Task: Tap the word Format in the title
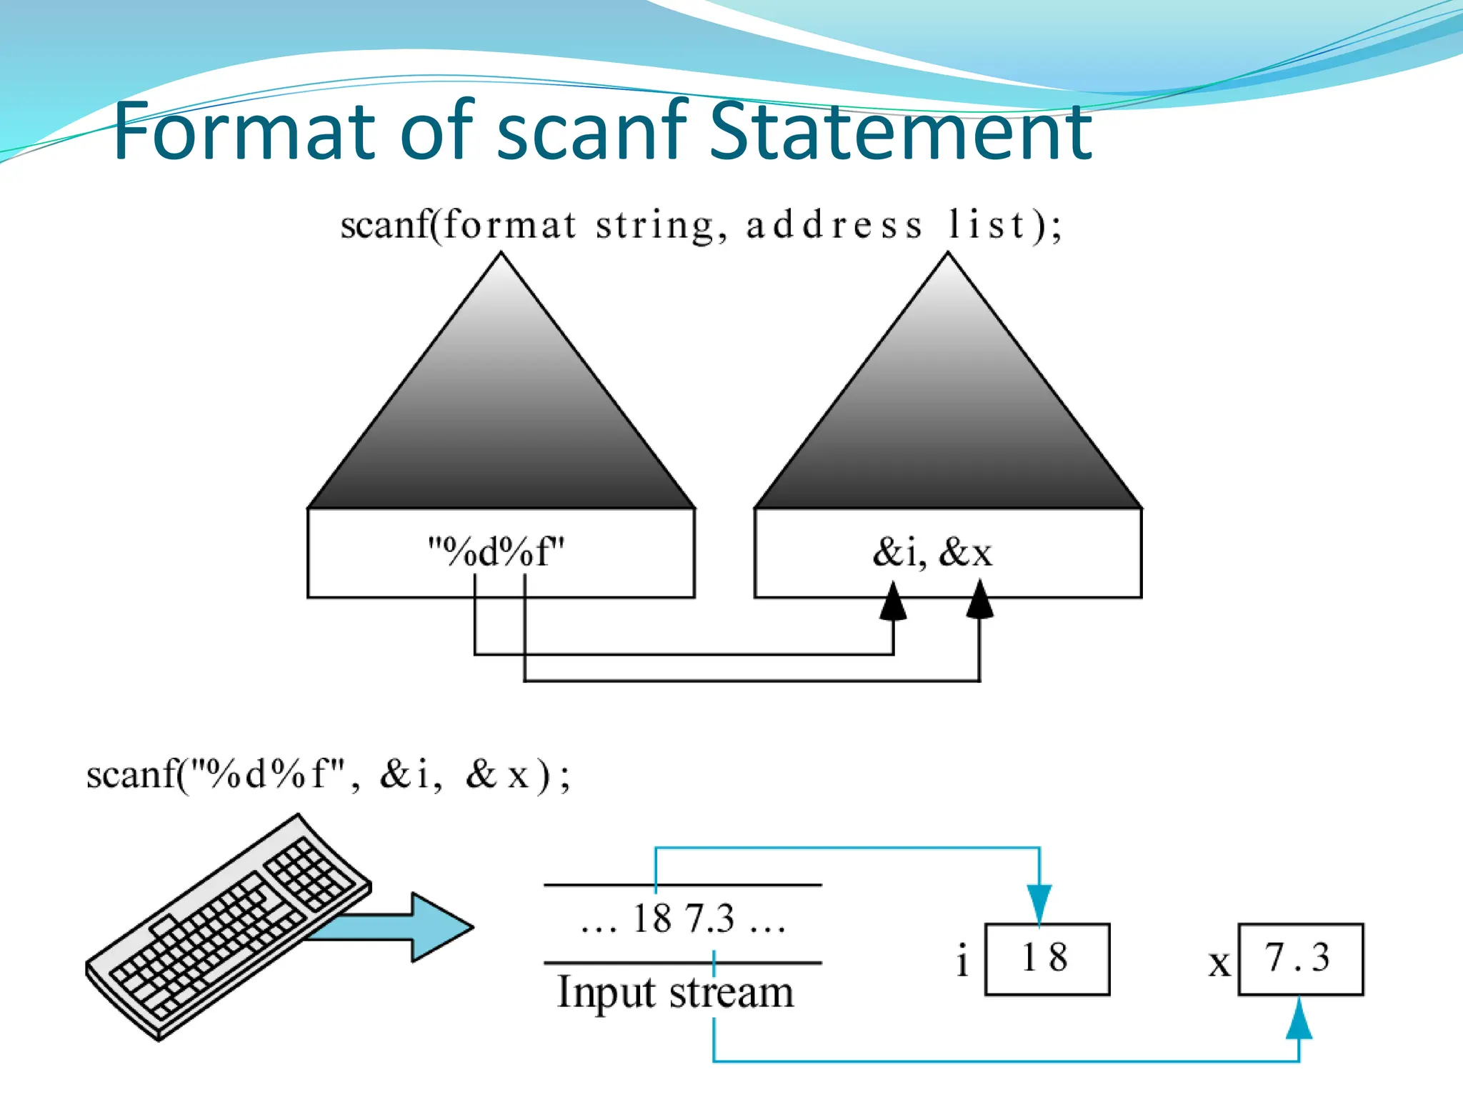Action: [x=243, y=132]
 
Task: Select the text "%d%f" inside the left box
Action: [x=496, y=552]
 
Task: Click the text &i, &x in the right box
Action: [x=932, y=552]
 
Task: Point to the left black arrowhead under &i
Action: [x=893, y=602]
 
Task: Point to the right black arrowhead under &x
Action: [x=979, y=601]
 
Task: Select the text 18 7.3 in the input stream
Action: [x=684, y=918]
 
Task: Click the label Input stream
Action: [x=675, y=993]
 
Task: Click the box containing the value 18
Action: [x=1047, y=958]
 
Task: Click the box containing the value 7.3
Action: [x=1300, y=958]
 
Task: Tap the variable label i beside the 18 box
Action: [x=962, y=961]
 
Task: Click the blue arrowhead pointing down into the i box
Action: [x=1039, y=903]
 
